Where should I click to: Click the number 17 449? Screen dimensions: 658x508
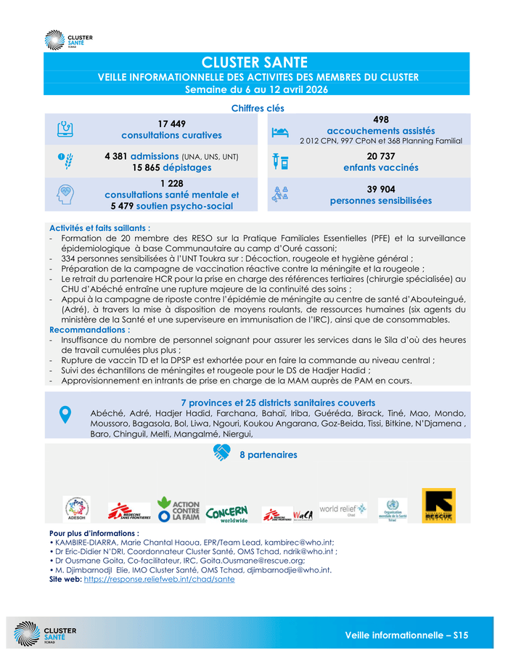point(172,123)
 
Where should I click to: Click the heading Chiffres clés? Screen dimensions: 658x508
point(257,108)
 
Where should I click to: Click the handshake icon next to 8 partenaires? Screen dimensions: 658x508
point(221,452)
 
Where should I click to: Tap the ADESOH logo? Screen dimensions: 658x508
point(76,510)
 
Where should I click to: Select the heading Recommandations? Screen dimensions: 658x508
point(89,329)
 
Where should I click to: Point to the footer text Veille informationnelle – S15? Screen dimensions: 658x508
point(406,635)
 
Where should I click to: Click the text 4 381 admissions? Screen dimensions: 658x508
point(142,156)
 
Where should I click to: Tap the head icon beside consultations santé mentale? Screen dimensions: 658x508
point(64,195)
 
